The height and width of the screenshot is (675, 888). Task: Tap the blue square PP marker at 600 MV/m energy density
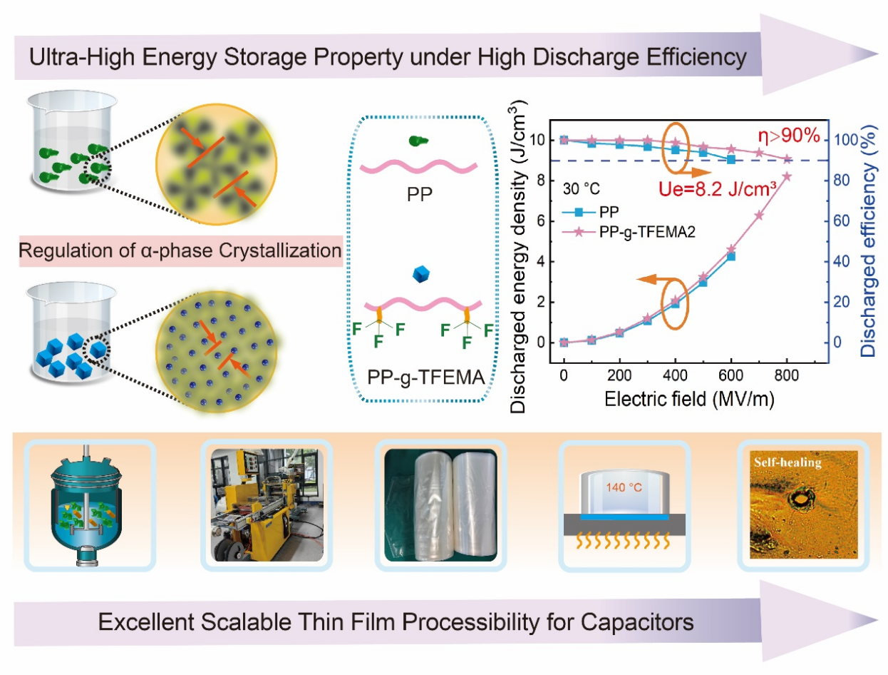pyautogui.click(x=731, y=256)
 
